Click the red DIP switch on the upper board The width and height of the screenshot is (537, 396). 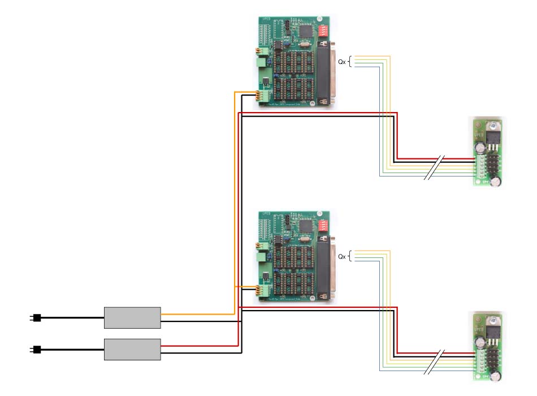click(323, 30)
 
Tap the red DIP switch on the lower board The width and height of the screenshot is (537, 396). click(323, 225)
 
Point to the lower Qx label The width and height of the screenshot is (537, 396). click(342, 256)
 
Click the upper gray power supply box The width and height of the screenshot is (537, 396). click(132, 318)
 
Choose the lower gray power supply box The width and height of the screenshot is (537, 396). click(132, 349)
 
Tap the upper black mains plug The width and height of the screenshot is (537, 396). click(36, 318)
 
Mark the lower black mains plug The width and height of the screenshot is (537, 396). click(36, 350)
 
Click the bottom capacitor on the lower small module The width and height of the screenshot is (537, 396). click(496, 377)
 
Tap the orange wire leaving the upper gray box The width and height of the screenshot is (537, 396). click(198, 314)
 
